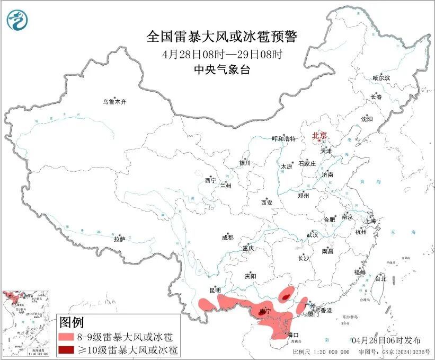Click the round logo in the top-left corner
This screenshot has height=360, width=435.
(x=17, y=20)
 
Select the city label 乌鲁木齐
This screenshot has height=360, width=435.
(x=115, y=101)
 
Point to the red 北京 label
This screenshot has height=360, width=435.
(x=320, y=135)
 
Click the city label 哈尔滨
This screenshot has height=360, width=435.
(x=380, y=78)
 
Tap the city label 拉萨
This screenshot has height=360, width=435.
(x=119, y=239)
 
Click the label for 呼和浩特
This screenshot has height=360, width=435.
(x=283, y=138)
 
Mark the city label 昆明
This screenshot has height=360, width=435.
(x=215, y=290)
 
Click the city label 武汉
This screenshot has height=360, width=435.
(x=312, y=234)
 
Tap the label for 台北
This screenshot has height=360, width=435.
(x=380, y=278)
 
